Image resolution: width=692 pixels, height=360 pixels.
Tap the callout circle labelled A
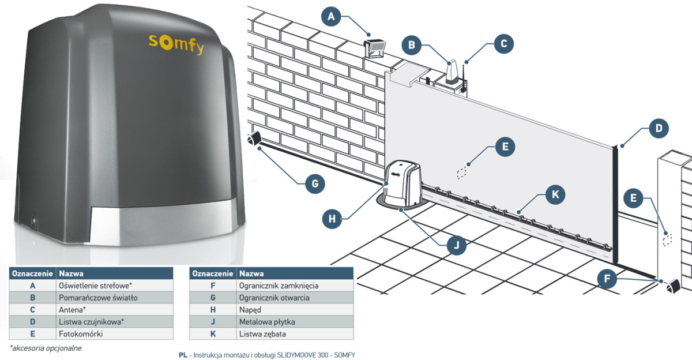[x=331, y=17]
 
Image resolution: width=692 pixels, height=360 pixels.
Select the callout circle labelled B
[x=412, y=44]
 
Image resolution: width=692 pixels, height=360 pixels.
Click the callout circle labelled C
[x=503, y=43]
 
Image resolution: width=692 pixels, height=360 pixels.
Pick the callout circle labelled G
[x=314, y=184]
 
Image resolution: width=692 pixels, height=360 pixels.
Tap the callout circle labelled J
[x=457, y=245]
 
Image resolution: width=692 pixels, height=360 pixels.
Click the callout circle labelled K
[x=555, y=194]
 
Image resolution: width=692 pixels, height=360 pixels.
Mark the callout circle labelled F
[x=606, y=279]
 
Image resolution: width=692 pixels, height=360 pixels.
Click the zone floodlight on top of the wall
[x=375, y=47]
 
